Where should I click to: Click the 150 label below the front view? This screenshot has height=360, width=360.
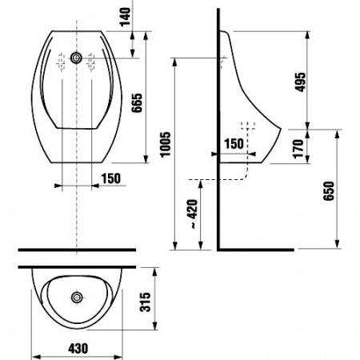tap(112, 178)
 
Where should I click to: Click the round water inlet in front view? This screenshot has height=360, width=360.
tap(76, 58)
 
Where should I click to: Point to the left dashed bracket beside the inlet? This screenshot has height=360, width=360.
tap(59, 58)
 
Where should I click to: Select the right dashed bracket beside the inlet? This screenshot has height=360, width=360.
tap(93, 58)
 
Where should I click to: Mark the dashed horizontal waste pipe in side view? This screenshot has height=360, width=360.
tap(216, 178)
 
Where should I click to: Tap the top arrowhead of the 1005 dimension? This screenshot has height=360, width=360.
tap(174, 61)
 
